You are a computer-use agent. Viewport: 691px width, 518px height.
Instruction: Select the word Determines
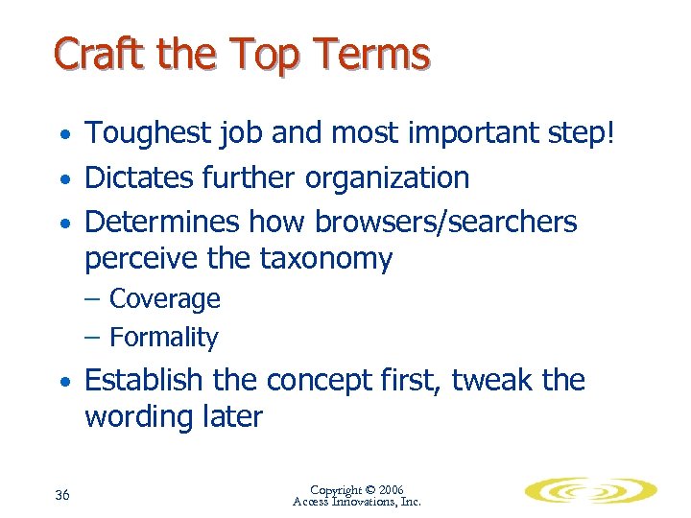point(162,222)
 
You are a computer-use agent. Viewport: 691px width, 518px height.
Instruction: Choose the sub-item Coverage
point(165,299)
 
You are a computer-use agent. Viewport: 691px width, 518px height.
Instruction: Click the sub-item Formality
point(164,338)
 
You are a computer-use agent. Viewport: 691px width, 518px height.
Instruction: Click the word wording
point(137,417)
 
